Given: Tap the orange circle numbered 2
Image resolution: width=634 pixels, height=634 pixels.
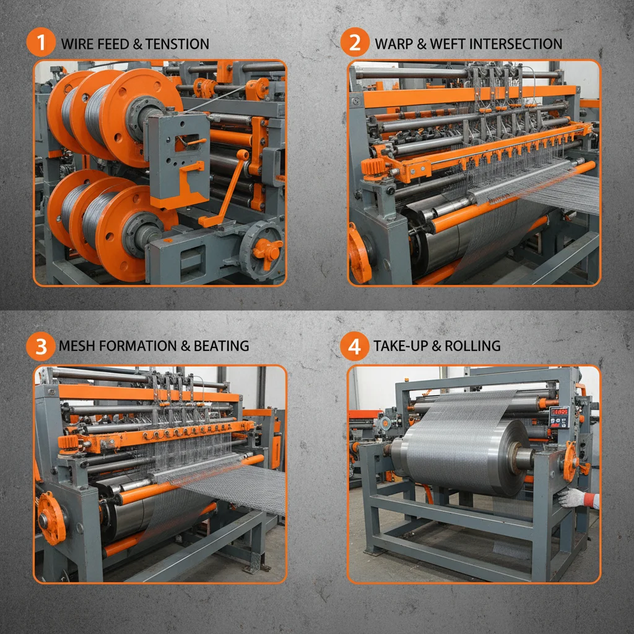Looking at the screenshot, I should pyautogui.click(x=355, y=43).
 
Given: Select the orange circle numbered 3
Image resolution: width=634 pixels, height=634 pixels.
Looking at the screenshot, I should pyautogui.click(x=41, y=345).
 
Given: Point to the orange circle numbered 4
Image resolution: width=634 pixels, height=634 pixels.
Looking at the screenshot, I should pyautogui.click(x=355, y=345).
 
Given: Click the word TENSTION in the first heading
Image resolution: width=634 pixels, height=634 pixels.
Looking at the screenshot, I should pyautogui.click(x=176, y=44).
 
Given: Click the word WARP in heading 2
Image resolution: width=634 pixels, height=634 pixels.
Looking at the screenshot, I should pyautogui.click(x=394, y=44).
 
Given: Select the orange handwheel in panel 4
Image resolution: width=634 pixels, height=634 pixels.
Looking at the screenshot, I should pyautogui.click(x=570, y=461).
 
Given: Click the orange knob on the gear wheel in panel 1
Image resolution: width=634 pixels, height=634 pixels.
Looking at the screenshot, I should pyautogui.click(x=267, y=248).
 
